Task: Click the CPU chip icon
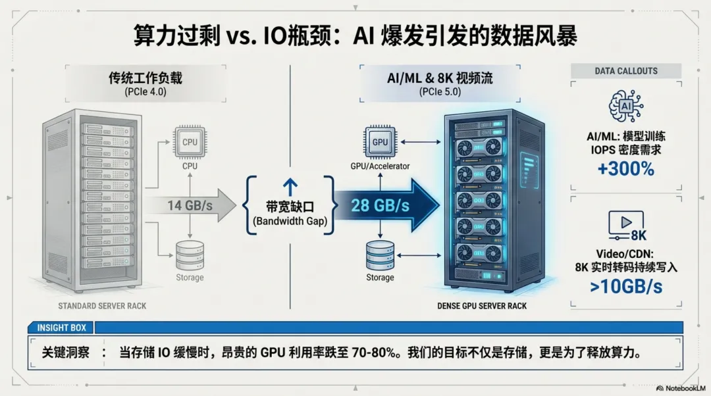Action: pyautogui.click(x=190, y=141)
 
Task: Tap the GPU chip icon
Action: pyautogui.click(x=380, y=142)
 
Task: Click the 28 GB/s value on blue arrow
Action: pyautogui.click(x=380, y=205)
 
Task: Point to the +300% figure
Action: pyautogui.click(x=626, y=169)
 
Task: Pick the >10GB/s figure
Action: pyautogui.click(x=626, y=287)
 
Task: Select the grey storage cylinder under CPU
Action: pyautogui.click(x=190, y=254)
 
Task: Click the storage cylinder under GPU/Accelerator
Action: pyautogui.click(x=380, y=254)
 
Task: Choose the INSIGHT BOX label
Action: pyautogui.click(x=61, y=328)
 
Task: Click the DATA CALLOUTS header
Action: pyautogui.click(x=626, y=71)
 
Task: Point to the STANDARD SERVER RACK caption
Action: pyautogui.click(x=102, y=306)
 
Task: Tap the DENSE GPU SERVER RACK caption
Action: pyautogui.click(x=482, y=306)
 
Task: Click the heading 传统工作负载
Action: pyautogui.click(x=145, y=78)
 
